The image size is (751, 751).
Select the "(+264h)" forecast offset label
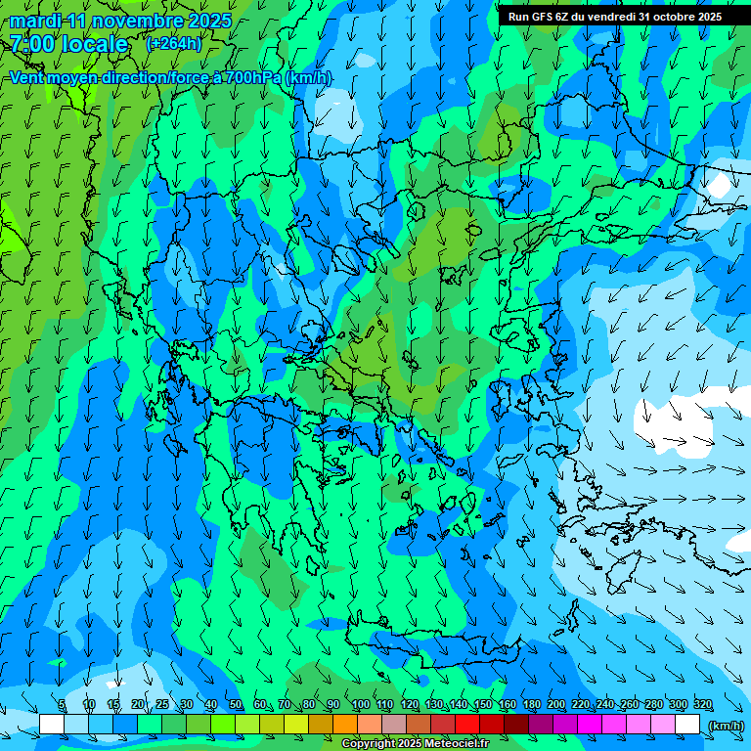tap(174, 43)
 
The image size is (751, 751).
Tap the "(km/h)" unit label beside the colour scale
tap(725, 726)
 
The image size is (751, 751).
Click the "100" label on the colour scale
tap(360, 705)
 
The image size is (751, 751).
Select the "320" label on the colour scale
tap(702, 705)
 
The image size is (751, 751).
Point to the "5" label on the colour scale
tap(62, 705)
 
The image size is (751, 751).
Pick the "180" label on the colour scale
tap(531, 705)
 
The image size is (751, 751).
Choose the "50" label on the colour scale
tap(236, 705)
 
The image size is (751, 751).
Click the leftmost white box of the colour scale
tap(52, 725)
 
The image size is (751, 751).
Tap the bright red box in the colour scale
tap(467, 725)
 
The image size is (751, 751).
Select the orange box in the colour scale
tap(345, 725)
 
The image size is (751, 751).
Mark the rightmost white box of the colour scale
tap(687, 725)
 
